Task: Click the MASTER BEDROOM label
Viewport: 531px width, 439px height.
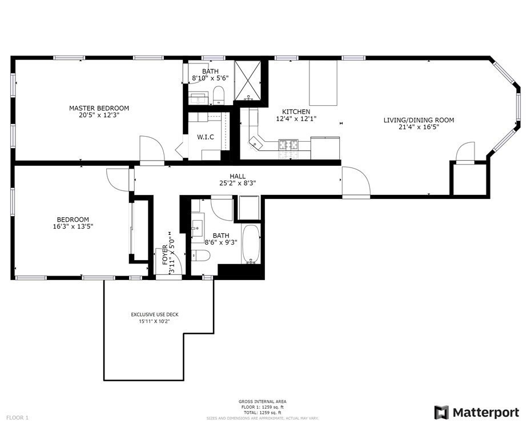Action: pyautogui.click(x=99, y=108)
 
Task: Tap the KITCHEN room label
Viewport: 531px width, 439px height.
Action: pyautogui.click(x=296, y=111)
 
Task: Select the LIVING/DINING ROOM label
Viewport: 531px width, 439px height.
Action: pyautogui.click(x=419, y=120)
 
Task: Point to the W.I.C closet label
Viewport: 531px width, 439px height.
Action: pyautogui.click(x=206, y=137)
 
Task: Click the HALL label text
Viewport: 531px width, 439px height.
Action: pyautogui.click(x=238, y=176)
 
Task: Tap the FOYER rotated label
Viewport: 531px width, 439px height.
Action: pyautogui.click(x=165, y=255)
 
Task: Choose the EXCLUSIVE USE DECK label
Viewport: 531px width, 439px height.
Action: pyautogui.click(x=155, y=314)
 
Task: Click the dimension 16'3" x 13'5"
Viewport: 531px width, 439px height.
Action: pyautogui.click(x=73, y=226)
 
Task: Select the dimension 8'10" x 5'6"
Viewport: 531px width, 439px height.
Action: pyautogui.click(x=210, y=78)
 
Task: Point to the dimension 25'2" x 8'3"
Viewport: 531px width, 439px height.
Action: pyautogui.click(x=238, y=183)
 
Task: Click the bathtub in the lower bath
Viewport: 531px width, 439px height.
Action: pyautogui.click(x=251, y=244)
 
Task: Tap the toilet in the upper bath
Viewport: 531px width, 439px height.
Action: pyautogui.click(x=219, y=95)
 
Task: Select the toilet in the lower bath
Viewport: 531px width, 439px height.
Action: pyautogui.click(x=201, y=255)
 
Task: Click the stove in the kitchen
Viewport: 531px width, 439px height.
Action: pyautogui.click(x=288, y=145)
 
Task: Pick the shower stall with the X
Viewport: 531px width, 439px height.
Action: pyautogui.click(x=248, y=81)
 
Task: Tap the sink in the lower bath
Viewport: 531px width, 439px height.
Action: pyautogui.click(x=197, y=226)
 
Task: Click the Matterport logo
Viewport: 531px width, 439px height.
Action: pyautogui.click(x=477, y=413)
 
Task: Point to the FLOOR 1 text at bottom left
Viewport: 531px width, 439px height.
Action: pyautogui.click(x=17, y=418)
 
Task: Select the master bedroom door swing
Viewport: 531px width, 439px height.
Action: pyautogui.click(x=152, y=149)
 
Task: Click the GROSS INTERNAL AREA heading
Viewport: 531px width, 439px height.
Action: pyautogui.click(x=263, y=402)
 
